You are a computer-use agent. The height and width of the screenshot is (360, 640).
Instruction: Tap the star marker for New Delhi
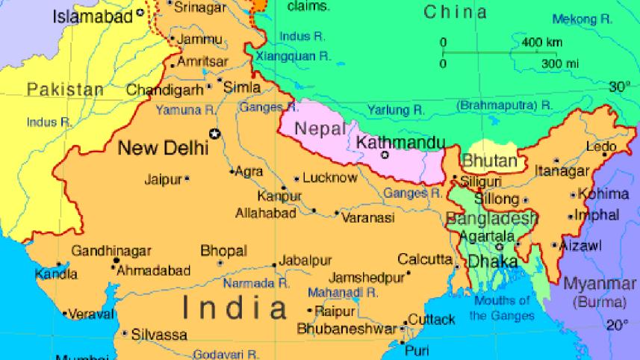215,134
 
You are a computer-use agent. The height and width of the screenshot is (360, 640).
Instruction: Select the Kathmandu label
401,142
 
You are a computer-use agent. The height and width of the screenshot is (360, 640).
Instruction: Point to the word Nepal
320,128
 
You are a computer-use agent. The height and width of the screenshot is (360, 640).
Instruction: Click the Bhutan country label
490,161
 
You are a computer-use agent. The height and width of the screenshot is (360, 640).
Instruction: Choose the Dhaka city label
493,262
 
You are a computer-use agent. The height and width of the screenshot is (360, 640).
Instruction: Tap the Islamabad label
92,16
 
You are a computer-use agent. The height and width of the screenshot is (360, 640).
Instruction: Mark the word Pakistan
66,90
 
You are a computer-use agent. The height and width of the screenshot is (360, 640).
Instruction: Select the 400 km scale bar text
542,42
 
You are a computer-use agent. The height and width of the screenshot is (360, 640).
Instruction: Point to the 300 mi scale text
559,63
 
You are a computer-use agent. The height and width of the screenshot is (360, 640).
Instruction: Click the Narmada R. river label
256,284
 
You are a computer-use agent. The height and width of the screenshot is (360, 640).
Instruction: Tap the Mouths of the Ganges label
502,308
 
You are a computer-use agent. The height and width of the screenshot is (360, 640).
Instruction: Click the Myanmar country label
600,284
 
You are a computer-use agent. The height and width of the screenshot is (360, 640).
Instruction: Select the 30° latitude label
619,87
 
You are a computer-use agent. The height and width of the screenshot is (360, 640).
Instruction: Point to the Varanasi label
367,218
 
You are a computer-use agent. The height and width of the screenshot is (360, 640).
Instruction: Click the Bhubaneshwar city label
347,329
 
